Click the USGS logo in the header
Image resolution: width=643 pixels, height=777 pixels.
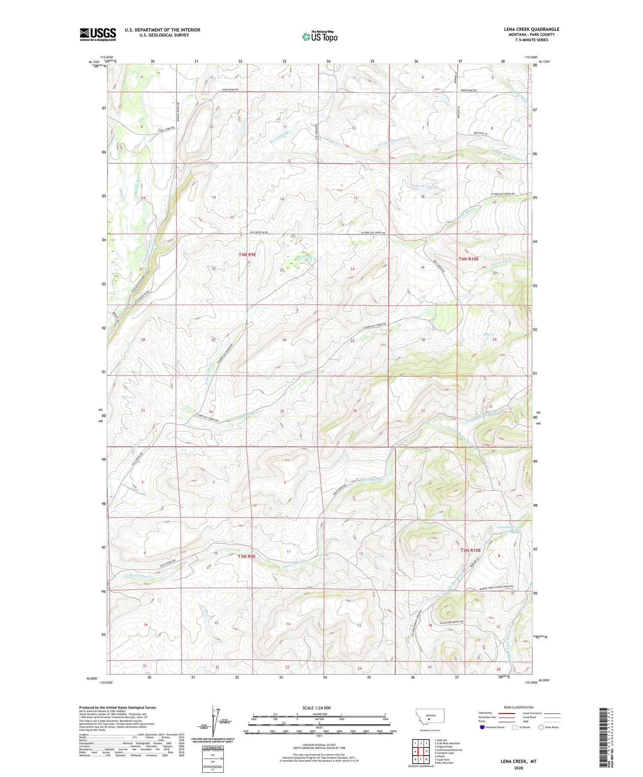point(98,34)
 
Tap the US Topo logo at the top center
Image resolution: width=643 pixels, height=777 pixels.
point(319,37)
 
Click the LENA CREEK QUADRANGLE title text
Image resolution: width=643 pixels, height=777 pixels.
point(532,29)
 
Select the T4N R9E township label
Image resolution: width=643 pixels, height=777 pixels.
point(247,255)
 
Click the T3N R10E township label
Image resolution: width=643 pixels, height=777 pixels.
point(471,550)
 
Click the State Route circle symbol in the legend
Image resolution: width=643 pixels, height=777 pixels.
point(541,727)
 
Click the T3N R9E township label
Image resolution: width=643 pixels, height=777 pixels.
point(247,556)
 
